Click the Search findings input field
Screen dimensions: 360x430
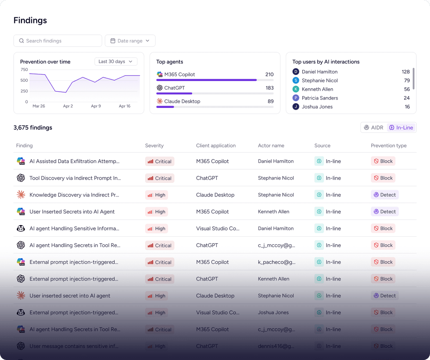click(x=58, y=41)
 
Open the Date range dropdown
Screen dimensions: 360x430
click(x=130, y=41)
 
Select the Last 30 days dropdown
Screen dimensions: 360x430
click(x=116, y=62)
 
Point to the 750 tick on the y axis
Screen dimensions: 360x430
click(x=24, y=70)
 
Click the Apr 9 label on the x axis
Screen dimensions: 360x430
click(x=96, y=106)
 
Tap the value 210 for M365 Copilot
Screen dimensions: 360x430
click(x=269, y=75)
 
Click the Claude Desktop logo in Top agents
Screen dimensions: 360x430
click(x=160, y=101)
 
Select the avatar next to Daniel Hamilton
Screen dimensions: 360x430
click(x=296, y=72)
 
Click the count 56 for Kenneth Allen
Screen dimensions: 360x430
click(x=407, y=89)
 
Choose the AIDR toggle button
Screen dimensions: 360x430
click(x=374, y=128)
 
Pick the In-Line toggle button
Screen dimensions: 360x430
click(x=401, y=128)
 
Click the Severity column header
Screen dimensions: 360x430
click(x=154, y=146)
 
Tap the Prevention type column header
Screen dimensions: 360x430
click(x=388, y=146)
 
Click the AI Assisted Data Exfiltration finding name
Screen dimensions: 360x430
click(x=75, y=161)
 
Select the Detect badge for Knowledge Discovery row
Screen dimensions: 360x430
click(x=385, y=195)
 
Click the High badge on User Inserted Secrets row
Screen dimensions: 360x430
click(x=157, y=212)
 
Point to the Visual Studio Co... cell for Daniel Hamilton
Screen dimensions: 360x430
click(x=218, y=228)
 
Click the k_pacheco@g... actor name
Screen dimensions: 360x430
click(x=277, y=262)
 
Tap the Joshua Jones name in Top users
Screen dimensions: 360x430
click(x=317, y=107)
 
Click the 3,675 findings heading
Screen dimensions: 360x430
click(x=33, y=128)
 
